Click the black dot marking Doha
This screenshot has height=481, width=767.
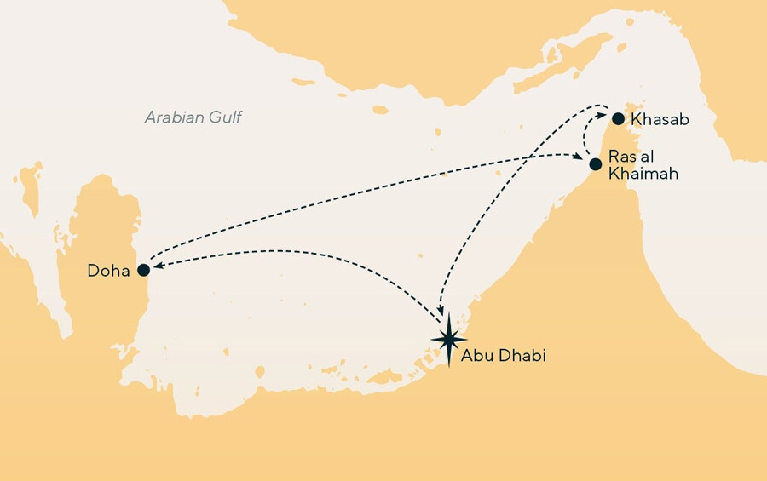pos(143,270)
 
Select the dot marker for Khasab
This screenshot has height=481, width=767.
pos(618,119)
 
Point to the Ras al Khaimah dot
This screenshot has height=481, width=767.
pos(596,163)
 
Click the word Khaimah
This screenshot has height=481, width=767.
pos(637,173)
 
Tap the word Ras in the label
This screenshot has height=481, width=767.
pos(620,157)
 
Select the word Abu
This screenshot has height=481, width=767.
pos(475,356)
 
